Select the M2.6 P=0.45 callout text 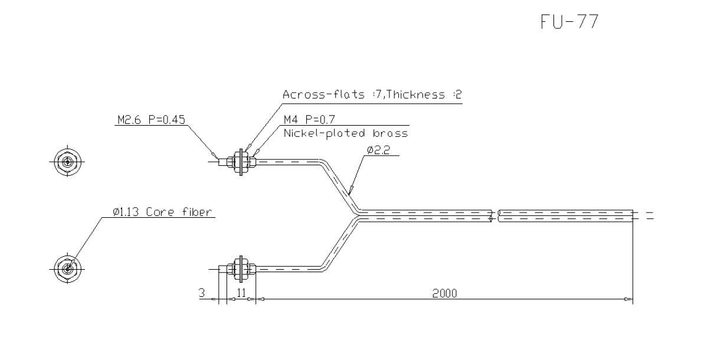pos(150,120)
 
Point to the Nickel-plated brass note pos(345,133)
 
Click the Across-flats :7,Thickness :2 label pos(363,95)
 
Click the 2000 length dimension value pos(444,293)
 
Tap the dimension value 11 pos(241,293)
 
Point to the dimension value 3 pos(202,293)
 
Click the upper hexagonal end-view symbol pos(67,161)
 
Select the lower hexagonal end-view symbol pos(67,268)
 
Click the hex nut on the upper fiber pos(241,160)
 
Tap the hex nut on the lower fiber pos(241,268)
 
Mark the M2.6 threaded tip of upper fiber pos(222,160)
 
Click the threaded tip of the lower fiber pos(223,268)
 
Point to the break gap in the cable pos(496,215)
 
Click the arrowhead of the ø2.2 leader pos(350,192)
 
